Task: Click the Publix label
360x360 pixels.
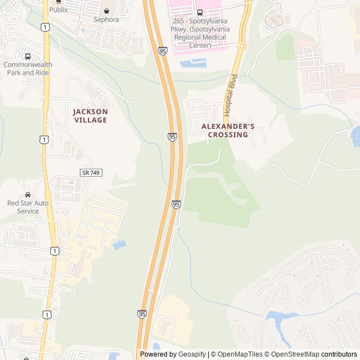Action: pyautogui.click(x=58, y=10)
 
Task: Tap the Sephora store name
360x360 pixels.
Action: pyautogui.click(x=106, y=19)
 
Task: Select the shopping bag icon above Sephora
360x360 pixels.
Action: pyautogui.click(x=106, y=11)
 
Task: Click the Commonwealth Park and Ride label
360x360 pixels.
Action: pyautogui.click(x=28, y=68)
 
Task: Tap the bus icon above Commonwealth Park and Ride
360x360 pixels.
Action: pyautogui.click(x=28, y=56)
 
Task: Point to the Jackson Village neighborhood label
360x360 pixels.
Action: pyautogui.click(x=90, y=116)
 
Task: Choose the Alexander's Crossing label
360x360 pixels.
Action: pyautogui.click(x=228, y=130)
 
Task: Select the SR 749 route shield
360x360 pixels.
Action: pyautogui.click(x=90, y=173)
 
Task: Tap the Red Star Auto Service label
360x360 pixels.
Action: pyautogui.click(x=28, y=207)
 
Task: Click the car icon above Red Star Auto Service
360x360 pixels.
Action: pyautogui.click(x=28, y=195)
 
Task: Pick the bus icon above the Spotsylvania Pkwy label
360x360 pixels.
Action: pyautogui.click(x=200, y=12)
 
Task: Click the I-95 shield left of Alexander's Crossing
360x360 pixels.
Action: pyautogui.click(x=172, y=137)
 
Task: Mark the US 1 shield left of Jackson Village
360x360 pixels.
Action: pyautogui.click(x=44, y=139)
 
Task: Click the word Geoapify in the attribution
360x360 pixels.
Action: pyautogui.click(x=192, y=354)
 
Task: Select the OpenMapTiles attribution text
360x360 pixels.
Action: pyautogui.click(x=240, y=354)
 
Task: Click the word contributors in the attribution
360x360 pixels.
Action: pyautogui.click(x=339, y=354)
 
